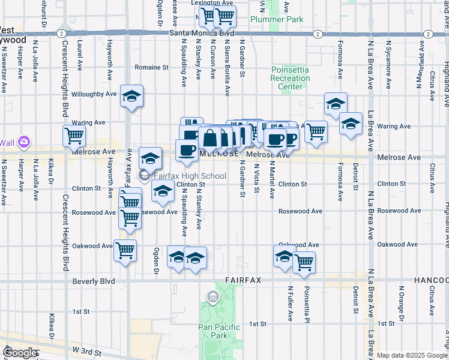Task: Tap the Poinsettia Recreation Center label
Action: click(290, 78)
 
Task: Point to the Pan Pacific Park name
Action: click(219, 331)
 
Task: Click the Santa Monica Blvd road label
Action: click(201, 34)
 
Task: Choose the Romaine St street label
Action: click(151, 68)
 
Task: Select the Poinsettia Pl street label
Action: click(306, 304)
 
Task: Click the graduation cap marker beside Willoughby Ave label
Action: click(131, 95)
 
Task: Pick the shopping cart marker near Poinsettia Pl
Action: click(304, 261)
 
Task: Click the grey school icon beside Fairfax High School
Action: click(144, 176)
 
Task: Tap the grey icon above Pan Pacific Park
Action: click(212, 296)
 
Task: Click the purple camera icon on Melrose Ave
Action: click(24, 142)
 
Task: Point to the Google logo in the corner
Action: click(20, 353)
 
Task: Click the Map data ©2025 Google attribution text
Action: click(411, 355)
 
